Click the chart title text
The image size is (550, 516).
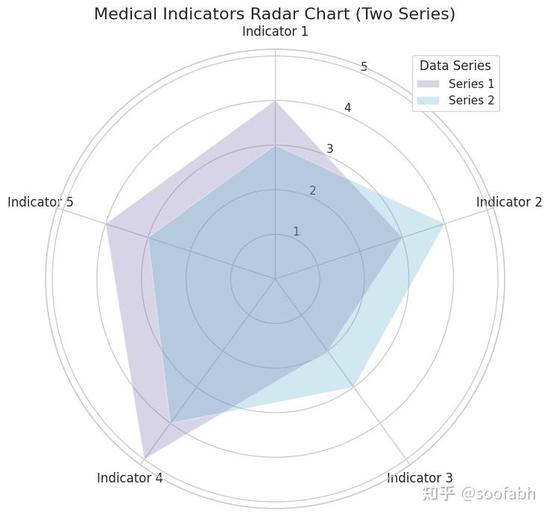[x=275, y=13]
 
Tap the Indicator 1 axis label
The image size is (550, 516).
[x=275, y=32]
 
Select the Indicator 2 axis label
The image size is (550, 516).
[x=509, y=202]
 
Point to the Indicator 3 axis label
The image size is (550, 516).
[x=420, y=478]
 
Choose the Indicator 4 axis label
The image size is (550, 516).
[x=130, y=478]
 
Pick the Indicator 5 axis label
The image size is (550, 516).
[x=40, y=202]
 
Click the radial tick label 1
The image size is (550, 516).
[x=296, y=232]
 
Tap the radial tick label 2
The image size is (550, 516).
[x=313, y=191]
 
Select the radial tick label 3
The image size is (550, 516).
[x=330, y=149]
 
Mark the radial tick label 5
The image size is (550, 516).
[x=364, y=67]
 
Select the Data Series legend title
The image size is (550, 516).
[x=455, y=66]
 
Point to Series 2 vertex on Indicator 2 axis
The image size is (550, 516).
[x=445, y=224]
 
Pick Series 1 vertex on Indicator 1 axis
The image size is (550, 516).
[x=275, y=101]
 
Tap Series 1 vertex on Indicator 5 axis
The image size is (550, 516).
[x=106, y=224]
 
